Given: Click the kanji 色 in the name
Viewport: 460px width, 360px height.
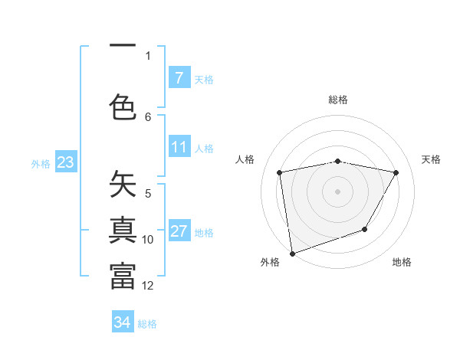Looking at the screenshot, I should pyautogui.click(x=123, y=106).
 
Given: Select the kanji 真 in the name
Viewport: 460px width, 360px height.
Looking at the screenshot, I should pyautogui.click(x=123, y=231).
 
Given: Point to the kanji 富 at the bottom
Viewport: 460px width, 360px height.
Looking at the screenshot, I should pyautogui.click(x=123, y=277).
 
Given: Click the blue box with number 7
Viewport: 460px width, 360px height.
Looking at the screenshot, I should pyautogui.click(x=179, y=78).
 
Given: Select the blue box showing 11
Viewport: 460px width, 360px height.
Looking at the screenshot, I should pyautogui.click(x=179, y=147).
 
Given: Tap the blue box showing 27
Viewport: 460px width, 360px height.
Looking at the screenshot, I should pyautogui.click(x=179, y=232).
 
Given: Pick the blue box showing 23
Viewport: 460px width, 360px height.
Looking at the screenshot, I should pyautogui.click(x=65, y=162).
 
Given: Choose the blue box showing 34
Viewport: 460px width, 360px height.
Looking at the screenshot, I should pyautogui.click(x=122, y=323).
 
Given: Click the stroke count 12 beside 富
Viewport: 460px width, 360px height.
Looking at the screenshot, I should pyautogui.click(x=148, y=286).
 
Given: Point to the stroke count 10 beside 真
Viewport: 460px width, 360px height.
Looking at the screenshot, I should pyautogui.click(x=148, y=240).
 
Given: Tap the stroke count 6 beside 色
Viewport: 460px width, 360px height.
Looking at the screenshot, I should pyautogui.click(x=148, y=116).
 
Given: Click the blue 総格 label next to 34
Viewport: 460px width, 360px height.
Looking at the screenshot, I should pyautogui.click(x=147, y=324).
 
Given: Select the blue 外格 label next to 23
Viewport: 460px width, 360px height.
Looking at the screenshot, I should pyautogui.click(x=41, y=163).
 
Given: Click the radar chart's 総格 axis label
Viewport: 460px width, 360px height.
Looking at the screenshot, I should pyautogui.click(x=338, y=100).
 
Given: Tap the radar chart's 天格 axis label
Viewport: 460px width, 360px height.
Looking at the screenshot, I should pyautogui.click(x=432, y=159).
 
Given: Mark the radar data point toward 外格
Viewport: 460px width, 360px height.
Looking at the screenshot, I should pyautogui.click(x=291, y=253).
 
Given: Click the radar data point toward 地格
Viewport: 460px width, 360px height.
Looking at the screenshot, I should pyautogui.click(x=365, y=229).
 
